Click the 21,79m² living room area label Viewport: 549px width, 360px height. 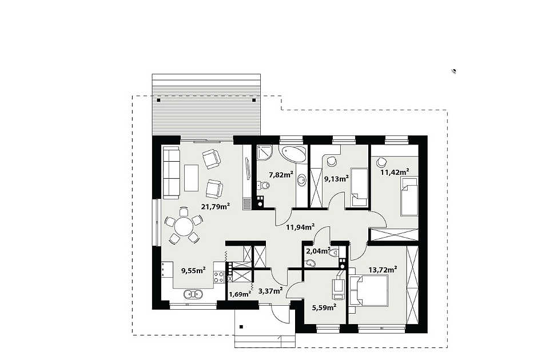[216, 206]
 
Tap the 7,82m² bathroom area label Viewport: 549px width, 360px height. [281, 175]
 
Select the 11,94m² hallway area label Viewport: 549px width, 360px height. [300, 227]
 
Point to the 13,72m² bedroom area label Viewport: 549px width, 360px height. [383, 270]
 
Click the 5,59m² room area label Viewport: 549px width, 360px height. [324, 307]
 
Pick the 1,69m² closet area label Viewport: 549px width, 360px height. [240, 294]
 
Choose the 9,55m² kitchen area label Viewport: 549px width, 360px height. [193, 270]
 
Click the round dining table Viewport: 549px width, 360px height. [184, 227]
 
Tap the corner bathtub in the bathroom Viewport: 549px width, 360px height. [293, 154]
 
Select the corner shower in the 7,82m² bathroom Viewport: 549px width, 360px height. [264, 153]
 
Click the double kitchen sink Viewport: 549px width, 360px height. [194, 294]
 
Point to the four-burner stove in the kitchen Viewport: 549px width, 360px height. [219, 277]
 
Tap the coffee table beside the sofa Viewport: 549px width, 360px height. [191, 178]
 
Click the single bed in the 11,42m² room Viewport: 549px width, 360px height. [409, 196]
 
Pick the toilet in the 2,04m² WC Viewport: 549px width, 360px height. [333, 252]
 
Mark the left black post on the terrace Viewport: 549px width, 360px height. [158, 100]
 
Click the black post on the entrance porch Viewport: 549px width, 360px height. [241, 327]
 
